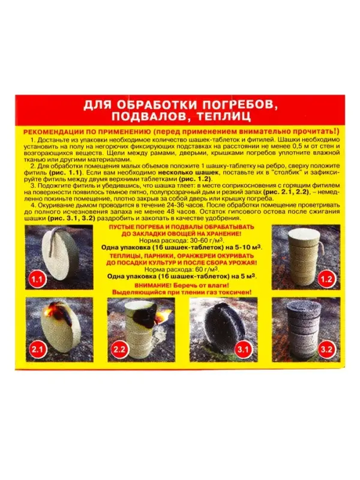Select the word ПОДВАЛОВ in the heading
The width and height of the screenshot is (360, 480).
click(152, 118)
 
